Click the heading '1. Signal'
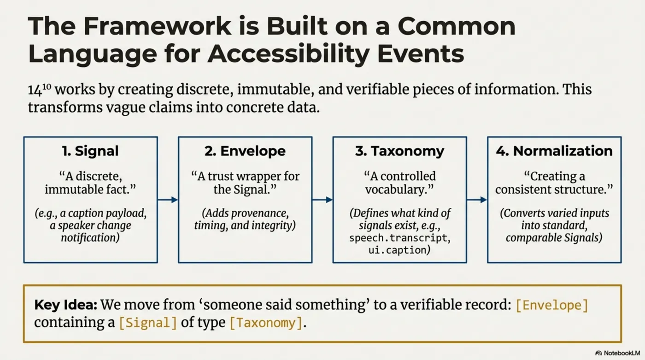pyautogui.click(x=90, y=151)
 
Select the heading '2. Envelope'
pyautogui.click(x=245, y=151)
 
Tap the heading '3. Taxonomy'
pyautogui.click(x=399, y=151)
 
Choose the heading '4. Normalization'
pyautogui.click(x=554, y=151)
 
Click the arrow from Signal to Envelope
pyautogui.click(x=168, y=200)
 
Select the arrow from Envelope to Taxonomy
pyautogui.click(x=322, y=200)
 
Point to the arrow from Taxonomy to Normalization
pyautogui.click(x=477, y=200)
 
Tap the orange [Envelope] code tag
pyautogui.click(x=551, y=305)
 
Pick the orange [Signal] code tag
pyautogui.click(x=147, y=323)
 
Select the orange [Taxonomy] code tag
pyautogui.click(x=265, y=323)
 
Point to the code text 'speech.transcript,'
pyautogui.click(x=399, y=238)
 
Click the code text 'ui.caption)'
pyautogui.click(x=399, y=250)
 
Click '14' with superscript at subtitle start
pyautogui.click(x=39, y=89)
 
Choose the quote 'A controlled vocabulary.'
pyautogui.click(x=399, y=183)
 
